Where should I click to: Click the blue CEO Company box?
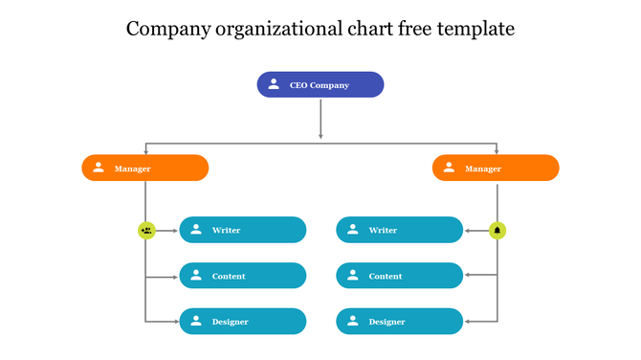(x=320, y=85)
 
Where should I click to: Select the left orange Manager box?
(x=145, y=169)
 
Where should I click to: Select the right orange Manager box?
(x=496, y=169)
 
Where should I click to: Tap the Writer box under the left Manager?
(x=243, y=230)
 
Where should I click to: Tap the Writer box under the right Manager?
(x=399, y=230)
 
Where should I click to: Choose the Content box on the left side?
(x=243, y=276)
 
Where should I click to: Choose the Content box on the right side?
(x=399, y=276)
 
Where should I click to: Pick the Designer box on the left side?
(x=243, y=322)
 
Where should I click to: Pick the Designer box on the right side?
(x=399, y=322)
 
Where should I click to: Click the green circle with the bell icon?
(x=497, y=230)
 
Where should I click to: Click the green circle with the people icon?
(x=145, y=230)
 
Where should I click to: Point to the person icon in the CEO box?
(x=274, y=84)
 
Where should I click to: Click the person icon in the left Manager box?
(x=99, y=168)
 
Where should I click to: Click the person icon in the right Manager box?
(x=449, y=168)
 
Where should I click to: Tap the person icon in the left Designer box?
(x=196, y=321)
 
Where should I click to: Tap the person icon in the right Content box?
(x=353, y=275)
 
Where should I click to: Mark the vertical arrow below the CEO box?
(x=320, y=120)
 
